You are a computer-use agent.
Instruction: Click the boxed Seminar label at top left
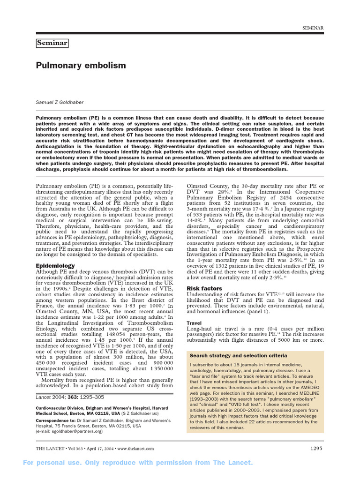(52, 44)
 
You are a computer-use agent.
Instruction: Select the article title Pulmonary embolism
(81, 66)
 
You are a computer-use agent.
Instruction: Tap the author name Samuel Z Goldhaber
(62, 102)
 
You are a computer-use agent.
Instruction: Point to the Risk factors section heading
(204, 288)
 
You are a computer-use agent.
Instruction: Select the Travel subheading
(195, 323)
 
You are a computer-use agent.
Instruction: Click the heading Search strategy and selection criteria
(238, 356)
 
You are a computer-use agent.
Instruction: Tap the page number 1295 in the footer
(316, 448)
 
